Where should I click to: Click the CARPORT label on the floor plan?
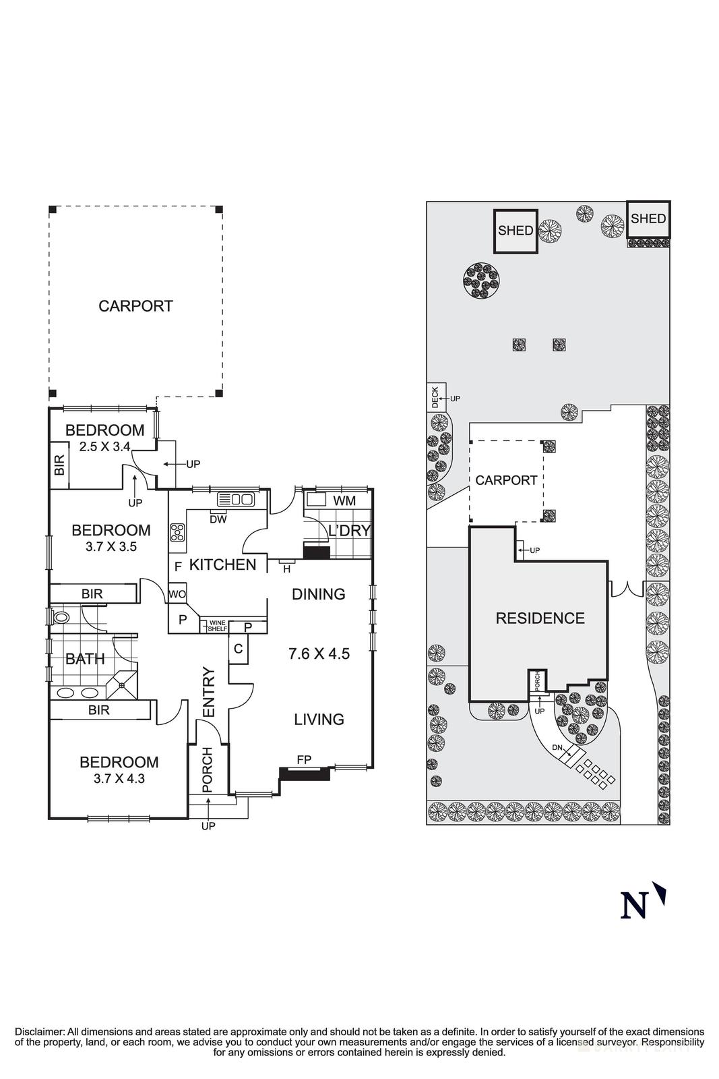pyautogui.click(x=135, y=306)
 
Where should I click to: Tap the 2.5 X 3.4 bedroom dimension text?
pyautogui.click(x=104, y=446)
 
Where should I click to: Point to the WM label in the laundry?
pyautogui.click(x=344, y=501)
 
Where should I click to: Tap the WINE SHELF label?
pyautogui.click(x=217, y=625)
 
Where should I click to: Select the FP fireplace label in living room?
pyautogui.click(x=304, y=760)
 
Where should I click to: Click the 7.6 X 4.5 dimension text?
pyautogui.click(x=319, y=653)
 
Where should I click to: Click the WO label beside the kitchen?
pyautogui.click(x=177, y=594)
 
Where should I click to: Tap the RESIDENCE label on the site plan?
pyautogui.click(x=540, y=618)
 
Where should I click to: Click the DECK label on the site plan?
pyautogui.click(x=435, y=397)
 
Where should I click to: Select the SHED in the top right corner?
pyautogui.click(x=648, y=218)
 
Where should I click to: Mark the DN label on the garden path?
pyautogui.click(x=557, y=748)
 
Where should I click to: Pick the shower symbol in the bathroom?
pyautogui.click(x=121, y=685)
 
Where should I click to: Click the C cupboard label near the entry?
pyautogui.click(x=238, y=649)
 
